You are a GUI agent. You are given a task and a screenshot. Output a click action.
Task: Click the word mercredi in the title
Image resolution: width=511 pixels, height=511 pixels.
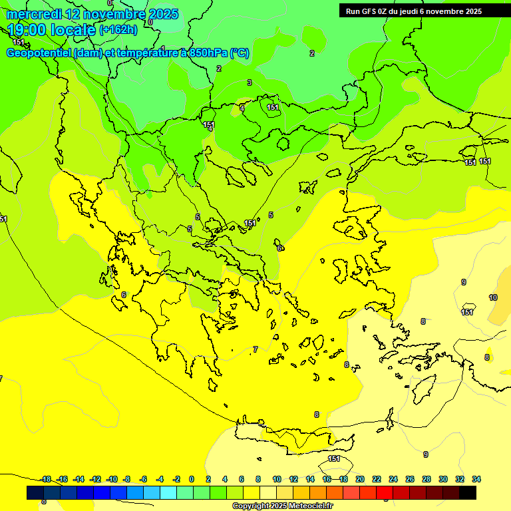point(33,13)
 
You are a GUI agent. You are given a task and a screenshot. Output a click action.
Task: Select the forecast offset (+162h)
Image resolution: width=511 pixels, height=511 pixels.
point(118,30)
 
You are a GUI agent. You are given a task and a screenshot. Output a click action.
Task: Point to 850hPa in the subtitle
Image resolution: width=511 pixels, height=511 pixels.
point(206,53)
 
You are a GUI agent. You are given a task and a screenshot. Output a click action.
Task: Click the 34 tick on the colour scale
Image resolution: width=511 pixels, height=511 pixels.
point(476,479)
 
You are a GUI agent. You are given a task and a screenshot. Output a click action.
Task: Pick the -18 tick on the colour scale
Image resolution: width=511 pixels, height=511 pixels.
point(46,479)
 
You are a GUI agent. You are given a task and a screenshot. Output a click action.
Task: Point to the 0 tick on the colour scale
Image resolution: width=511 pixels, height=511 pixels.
point(192,479)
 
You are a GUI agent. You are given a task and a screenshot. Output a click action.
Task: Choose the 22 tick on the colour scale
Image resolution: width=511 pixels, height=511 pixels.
point(377,479)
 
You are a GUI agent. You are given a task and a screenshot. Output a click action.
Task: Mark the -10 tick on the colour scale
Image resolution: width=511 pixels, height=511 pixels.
point(112,479)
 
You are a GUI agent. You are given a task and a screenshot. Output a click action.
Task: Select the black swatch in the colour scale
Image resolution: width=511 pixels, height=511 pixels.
point(468,493)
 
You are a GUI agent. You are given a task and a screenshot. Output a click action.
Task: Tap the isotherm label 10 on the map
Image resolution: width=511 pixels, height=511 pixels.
point(493,297)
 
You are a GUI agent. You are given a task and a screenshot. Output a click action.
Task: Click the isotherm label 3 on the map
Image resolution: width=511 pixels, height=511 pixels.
point(250,83)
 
